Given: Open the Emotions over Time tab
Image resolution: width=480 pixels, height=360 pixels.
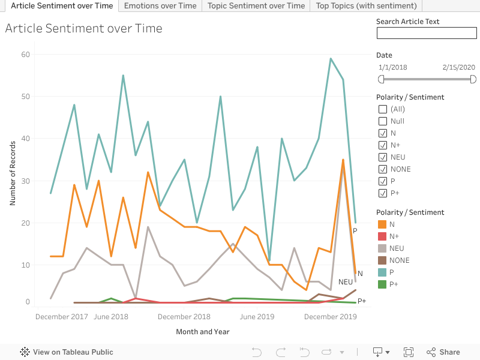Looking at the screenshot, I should [x=160, y=5].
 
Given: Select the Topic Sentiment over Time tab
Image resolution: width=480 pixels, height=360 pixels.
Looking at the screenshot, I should [x=256, y=5].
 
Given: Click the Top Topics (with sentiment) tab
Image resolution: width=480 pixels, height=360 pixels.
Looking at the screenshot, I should [x=366, y=5].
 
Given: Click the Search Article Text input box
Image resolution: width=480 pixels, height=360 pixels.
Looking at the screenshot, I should [x=426, y=33].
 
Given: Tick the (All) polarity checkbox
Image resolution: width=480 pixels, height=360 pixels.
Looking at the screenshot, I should [x=383, y=109].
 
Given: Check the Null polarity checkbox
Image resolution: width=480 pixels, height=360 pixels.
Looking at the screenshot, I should [x=383, y=121].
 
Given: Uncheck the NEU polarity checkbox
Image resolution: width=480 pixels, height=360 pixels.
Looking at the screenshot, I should [x=383, y=157].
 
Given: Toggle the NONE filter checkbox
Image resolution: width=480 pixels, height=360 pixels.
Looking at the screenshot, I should [x=383, y=169].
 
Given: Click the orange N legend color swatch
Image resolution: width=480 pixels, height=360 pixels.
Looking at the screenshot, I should [x=382, y=224].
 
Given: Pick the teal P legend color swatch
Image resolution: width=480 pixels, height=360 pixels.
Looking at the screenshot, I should [x=382, y=272].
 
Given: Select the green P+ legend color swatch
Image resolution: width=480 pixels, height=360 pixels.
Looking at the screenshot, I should [x=382, y=284].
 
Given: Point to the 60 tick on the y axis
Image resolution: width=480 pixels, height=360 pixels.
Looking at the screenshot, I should [x=26, y=55].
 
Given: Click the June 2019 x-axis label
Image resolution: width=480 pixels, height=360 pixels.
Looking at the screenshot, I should [x=257, y=317].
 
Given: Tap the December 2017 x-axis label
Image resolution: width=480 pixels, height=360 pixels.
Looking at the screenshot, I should [x=62, y=317].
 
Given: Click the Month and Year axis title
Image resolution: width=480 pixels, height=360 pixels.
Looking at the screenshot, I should [x=203, y=332].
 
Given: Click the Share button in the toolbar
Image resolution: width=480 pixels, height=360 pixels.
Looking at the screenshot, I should [x=443, y=352].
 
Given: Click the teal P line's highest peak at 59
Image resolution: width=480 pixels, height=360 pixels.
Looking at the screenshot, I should [x=331, y=59].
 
